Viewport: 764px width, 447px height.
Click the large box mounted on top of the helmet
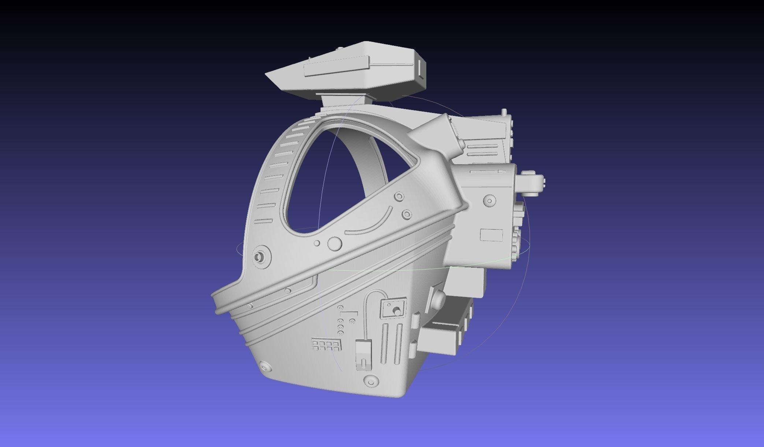pos(352,72)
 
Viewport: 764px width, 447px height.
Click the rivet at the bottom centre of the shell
pos(371,380)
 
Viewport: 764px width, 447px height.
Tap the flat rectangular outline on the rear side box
pos(491,235)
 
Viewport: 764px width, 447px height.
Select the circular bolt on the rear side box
pos(489,201)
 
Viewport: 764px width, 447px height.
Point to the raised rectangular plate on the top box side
pos(336,66)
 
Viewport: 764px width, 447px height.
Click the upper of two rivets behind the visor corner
pos(399,197)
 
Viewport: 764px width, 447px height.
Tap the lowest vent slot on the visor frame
pos(264,221)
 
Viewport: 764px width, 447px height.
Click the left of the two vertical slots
pos(385,343)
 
